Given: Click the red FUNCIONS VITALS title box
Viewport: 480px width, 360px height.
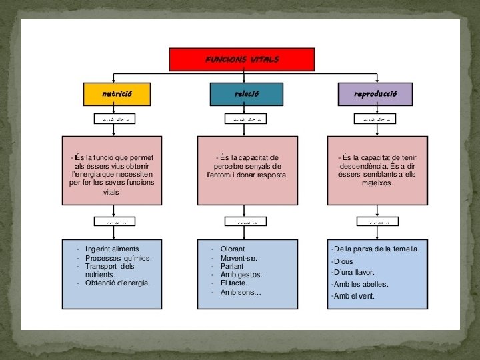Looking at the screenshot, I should click(x=242, y=59).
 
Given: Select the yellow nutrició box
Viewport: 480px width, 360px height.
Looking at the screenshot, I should click(x=117, y=94).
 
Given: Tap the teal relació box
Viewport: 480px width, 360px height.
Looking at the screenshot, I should click(x=246, y=94).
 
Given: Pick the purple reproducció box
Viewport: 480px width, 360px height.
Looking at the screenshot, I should click(x=375, y=94).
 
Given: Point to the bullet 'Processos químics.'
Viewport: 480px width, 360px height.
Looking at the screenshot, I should click(x=118, y=257).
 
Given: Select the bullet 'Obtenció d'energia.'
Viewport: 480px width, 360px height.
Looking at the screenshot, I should click(x=117, y=283).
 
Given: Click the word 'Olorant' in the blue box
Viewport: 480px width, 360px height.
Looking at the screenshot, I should click(x=233, y=249).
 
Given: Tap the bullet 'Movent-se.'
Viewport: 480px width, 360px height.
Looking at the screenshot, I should click(x=239, y=257).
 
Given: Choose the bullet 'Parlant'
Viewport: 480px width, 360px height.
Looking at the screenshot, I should click(x=233, y=266).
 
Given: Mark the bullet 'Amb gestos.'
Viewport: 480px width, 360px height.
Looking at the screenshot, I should click(x=241, y=275).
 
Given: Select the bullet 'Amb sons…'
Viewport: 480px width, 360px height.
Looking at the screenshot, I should click(x=241, y=292).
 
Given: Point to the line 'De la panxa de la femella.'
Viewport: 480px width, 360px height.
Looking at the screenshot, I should click(x=376, y=249).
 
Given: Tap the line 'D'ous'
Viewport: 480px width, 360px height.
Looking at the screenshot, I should click(x=343, y=261).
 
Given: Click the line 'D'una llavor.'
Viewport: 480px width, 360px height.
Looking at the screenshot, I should click(x=354, y=272).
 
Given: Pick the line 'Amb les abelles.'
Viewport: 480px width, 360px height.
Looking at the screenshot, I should click(x=361, y=284).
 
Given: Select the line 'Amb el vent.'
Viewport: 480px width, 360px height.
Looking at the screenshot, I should click(x=354, y=296).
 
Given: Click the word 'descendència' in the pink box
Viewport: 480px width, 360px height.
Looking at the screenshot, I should click(x=363, y=166).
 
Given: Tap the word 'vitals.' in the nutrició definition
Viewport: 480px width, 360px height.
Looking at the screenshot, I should click(x=112, y=192).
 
